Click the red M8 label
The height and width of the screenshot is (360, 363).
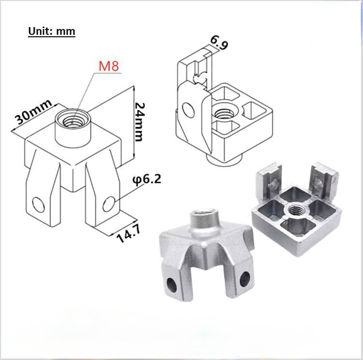pyautogui.click(x=109, y=66)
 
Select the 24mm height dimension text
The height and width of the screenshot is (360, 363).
pyautogui.click(x=140, y=122)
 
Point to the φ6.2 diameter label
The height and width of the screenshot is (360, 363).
pyautogui.click(x=146, y=180)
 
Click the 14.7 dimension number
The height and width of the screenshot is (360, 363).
pyautogui.click(x=129, y=234)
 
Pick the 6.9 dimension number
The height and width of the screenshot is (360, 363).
pyautogui.click(x=219, y=43)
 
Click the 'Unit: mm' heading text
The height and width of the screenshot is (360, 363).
pyautogui.click(x=52, y=31)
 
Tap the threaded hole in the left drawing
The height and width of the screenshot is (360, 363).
pyautogui.click(x=73, y=121)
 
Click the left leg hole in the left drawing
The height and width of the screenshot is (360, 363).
pyautogui.click(x=39, y=205)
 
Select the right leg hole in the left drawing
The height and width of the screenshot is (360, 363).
pyautogui.click(x=109, y=204)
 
